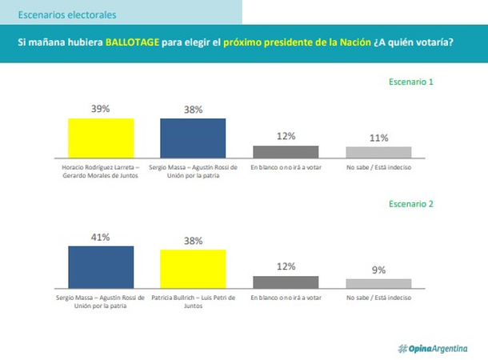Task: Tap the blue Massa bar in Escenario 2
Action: coord(101,266)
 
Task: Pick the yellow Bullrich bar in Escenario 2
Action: coord(193,268)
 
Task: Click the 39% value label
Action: coord(101,109)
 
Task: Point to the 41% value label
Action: coord(101,237)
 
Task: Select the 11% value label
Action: coord(378,138)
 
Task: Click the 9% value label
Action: coord(378,270)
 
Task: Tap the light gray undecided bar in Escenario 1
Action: coord(378,151)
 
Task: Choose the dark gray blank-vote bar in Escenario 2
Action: coord(286,281)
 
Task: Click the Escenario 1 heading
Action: coord(410,82)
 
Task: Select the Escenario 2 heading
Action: coord(410,203)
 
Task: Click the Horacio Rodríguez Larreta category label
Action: coord(101,171)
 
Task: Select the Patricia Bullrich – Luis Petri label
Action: coord(193,302)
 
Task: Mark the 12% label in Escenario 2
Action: coord(286,266)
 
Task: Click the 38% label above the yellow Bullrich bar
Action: coord(193,241)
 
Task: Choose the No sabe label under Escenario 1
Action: coord(378,167)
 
